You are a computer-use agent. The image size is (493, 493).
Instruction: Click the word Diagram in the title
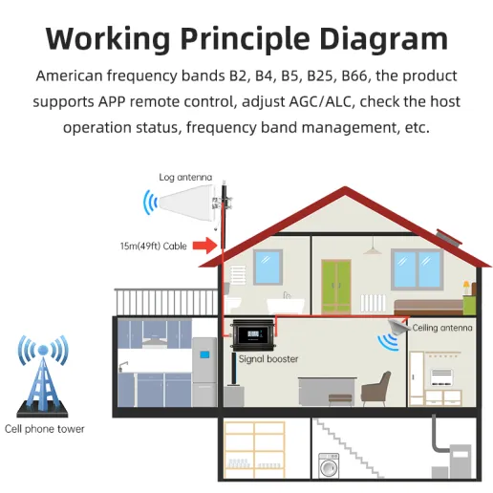tap(384, 39)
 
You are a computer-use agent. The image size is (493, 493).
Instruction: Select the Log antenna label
tap(185, 177)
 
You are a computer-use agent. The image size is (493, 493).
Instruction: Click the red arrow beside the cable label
tap(204, 246)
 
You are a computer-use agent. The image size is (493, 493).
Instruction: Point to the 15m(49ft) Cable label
tap(153, 246)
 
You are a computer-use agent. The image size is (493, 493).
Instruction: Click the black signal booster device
tap(253, 335)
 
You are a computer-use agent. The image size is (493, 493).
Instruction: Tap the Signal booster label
tap(268, 359)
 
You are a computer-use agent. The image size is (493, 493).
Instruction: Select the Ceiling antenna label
tap(442, 328)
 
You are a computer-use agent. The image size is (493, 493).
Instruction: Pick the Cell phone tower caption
tap(45, 429)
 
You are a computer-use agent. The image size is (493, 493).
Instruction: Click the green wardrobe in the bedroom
tap(336, 287)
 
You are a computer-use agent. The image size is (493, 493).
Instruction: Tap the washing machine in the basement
tap(329, 465)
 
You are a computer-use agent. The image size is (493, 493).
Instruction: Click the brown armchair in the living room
tap(376, 389)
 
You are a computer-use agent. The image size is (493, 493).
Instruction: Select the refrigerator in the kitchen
tap(204, 372)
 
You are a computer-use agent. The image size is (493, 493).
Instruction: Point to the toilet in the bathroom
tap(233, 304)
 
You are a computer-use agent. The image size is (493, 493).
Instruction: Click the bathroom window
tap(268, 267)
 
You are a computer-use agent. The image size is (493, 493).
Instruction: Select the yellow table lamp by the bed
tap(466, 288)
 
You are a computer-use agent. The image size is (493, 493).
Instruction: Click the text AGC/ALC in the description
tap(321, 102)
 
